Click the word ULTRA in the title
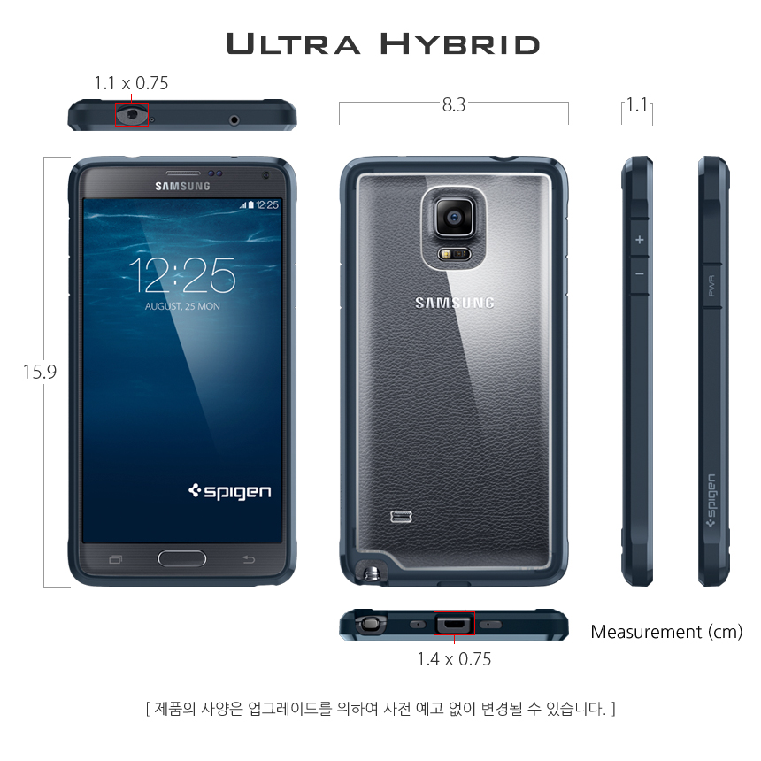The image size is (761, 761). [294, 43]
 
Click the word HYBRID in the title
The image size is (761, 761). [459, 43]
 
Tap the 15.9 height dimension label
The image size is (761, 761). [40, 373]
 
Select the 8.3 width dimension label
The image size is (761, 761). [454, 104]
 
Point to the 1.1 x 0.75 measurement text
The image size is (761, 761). [131, 83]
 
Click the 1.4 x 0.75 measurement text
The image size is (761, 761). [454, 659]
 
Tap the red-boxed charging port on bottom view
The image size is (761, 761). [454, 623]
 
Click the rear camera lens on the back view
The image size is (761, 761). [454, 217]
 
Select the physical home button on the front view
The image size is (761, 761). [182, 558]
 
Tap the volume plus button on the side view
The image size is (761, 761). [640, 240]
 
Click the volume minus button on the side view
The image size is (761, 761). [640, 274]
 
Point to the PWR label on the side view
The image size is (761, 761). [711, 286]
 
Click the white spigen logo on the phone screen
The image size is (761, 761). [229, 492]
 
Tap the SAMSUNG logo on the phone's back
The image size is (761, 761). [455, 304]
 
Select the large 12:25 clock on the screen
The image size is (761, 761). [182, 275]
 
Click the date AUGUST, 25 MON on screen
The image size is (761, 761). [182, 306]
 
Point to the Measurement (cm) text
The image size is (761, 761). [666, 632]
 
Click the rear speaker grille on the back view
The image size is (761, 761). [402, 517]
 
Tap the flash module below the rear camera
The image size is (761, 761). [454, 254]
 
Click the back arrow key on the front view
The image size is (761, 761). [249, 559]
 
